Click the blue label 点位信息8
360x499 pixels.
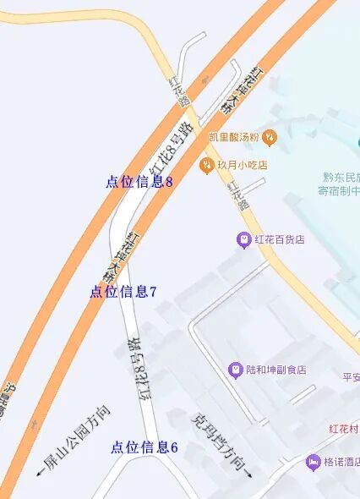pos(139,181)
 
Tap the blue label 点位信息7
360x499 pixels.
pos(123,292)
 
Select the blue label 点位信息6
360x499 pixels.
pos(144,447)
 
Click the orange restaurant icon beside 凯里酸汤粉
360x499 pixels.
pos(270,136)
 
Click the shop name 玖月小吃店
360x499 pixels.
pos(243,166)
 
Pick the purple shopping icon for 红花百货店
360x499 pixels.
pos(243,240)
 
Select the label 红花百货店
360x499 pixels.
pos(279,240)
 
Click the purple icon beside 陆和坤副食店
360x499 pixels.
pos(235,370)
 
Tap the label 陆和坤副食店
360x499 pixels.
pos(275,370)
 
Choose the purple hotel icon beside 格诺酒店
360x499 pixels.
pos(314,463)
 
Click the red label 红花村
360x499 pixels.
pos(345,430)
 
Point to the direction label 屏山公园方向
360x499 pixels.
pos(75,439)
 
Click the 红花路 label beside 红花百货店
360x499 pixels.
pos(237,194)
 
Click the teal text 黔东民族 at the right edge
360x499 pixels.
pos(341,178)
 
